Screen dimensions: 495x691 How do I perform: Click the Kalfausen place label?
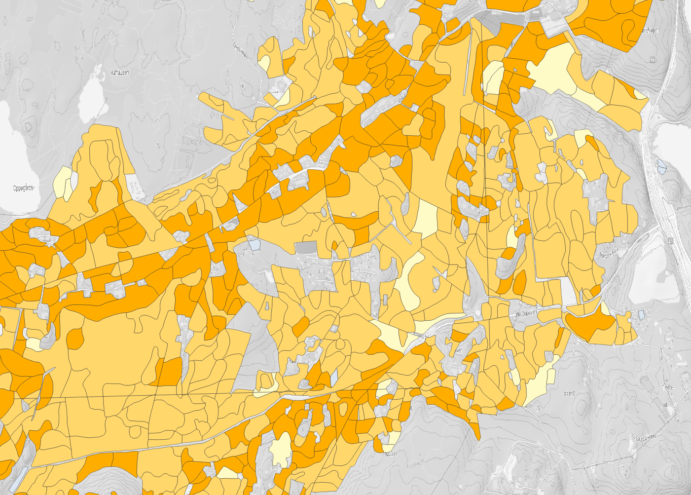tap(120, 73)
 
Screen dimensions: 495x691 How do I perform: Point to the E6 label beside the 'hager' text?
tap(653, 60)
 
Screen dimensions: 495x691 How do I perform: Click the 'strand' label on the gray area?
tap(569, 393)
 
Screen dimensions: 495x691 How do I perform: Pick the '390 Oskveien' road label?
tap(526, 313)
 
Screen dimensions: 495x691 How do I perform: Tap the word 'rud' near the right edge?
tap(664, 405)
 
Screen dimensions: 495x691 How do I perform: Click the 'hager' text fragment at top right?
tap(649, 31)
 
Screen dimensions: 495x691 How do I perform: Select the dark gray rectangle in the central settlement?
tap(306, 247)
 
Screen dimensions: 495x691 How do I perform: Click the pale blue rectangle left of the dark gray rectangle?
tap(254, 244)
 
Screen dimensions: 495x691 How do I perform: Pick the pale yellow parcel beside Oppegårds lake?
tap(63, 182)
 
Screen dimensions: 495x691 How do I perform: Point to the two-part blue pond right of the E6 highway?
tap(661, 166)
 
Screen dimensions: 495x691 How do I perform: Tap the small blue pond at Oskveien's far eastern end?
tap(641, 313)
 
